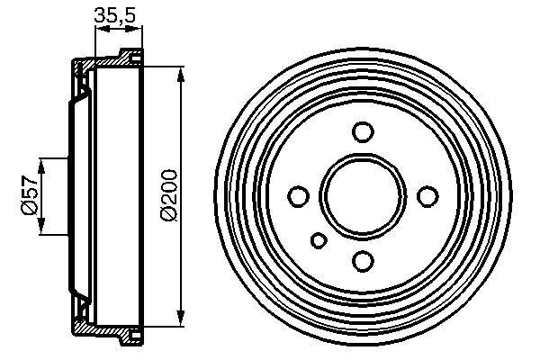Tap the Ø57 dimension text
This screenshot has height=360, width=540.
[x=29, y=196]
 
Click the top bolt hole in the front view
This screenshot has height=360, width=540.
[x=363, y=132]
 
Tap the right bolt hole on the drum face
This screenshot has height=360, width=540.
[x=427, y=196]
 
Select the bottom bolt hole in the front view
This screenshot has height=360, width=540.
[x=363, y=261]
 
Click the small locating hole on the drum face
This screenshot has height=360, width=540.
[x=319, y=240]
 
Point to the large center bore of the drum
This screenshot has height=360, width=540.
[x=363, y=196]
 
